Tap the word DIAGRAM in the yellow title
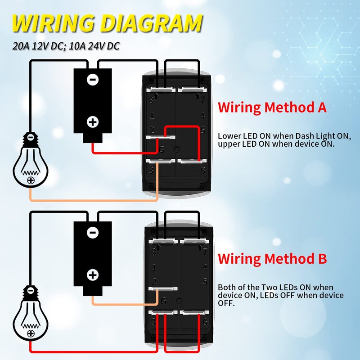[x=151, y=23]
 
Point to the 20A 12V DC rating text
[x=38, y=46]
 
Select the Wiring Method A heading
[x=272, y=107]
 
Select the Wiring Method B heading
[x=272, y=258]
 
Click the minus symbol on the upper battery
[x=93, y=80]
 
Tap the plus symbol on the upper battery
[x=93, y=122]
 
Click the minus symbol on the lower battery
[x=93, y=233]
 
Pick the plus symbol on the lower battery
[x=93, y=275]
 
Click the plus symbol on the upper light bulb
[x=31, y=180]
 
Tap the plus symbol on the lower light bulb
[x=31, y=333]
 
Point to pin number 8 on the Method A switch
[x=151, y=100]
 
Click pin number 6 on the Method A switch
[x=203, y=171]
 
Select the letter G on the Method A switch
[x=162, y=150]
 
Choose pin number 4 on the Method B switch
[x=205, y=267]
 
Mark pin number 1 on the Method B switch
[x=154, y=267]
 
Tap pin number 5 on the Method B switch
[x=205, y=282]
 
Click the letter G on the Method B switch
[x=164, y=301]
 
